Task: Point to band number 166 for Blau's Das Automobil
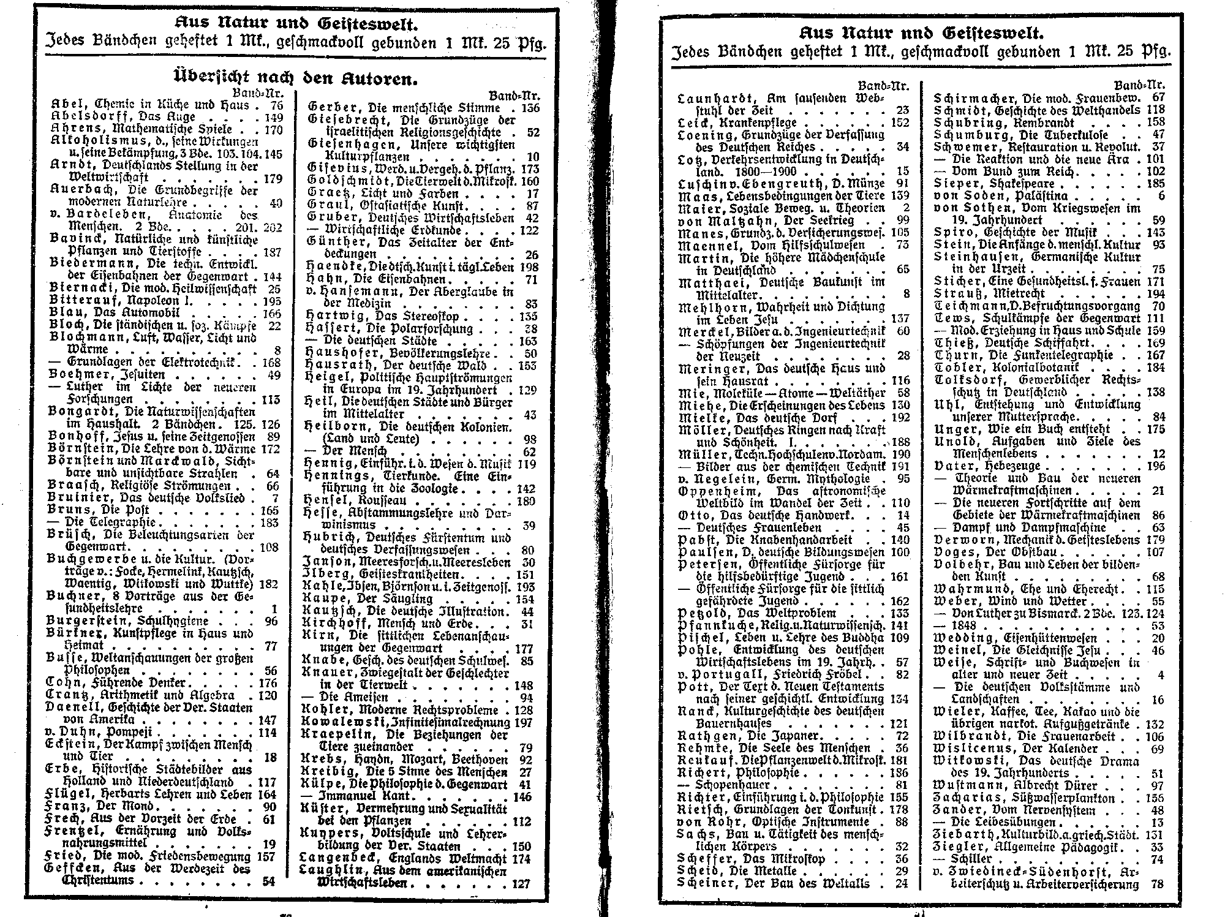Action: (271, 313)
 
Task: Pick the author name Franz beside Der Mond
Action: (67, 806)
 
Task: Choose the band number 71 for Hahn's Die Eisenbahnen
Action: (530, 280)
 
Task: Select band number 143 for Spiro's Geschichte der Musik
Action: (1155, 232)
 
